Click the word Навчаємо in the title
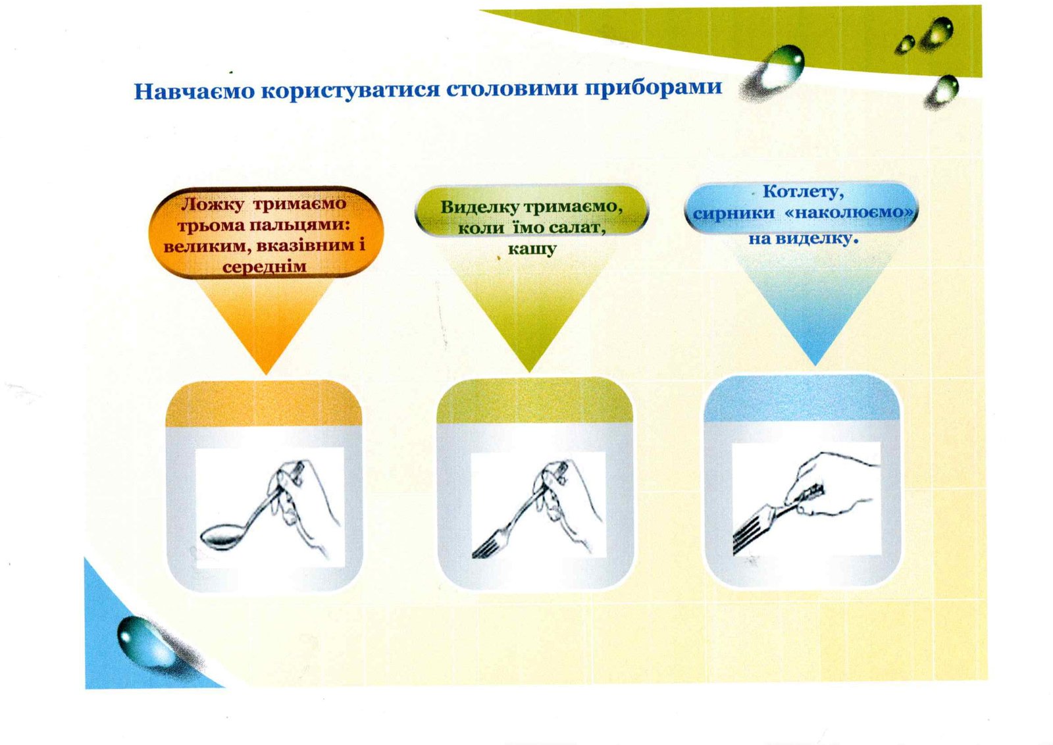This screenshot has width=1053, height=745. click(194, 91)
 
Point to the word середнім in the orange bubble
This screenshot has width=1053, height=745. click(264, 267)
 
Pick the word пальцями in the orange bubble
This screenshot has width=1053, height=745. click(299, 226)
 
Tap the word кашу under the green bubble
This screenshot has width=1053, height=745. click(532, 249)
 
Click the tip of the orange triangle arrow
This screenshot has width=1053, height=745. click(266, 374)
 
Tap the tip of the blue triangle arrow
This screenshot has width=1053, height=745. click(815, 365)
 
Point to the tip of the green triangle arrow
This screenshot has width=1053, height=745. click(529, 372)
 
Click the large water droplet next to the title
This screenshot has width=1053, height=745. click(777, 70)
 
